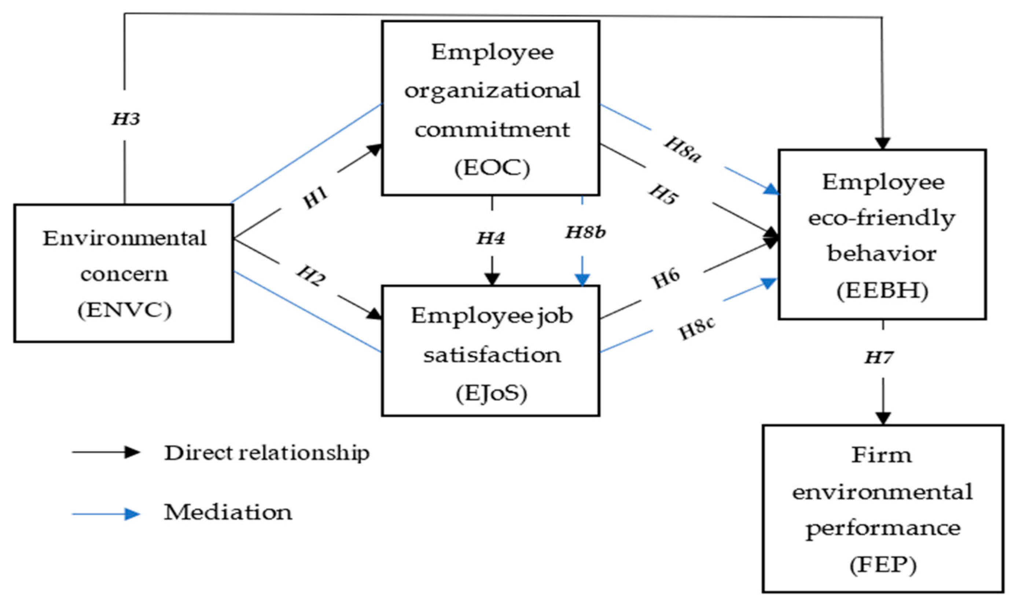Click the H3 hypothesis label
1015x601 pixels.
pos(126,119)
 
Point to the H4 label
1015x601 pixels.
pos(491,238)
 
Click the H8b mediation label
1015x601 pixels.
pos(586,233)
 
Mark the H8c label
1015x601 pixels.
pos(696,328)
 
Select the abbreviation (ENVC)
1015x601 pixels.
pos(124,310)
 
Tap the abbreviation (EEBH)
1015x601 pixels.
pos(882,290)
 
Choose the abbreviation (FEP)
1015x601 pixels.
pos(883,565)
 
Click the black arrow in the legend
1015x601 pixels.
pos(106,452)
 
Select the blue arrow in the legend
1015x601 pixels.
pos(106,514)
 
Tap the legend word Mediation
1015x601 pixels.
pos(228,512)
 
